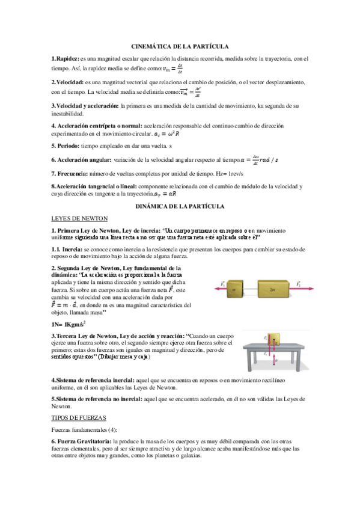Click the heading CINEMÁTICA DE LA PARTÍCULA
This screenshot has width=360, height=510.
tap(180, 46)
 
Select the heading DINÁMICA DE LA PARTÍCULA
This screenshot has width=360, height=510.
tap(180, 206)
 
